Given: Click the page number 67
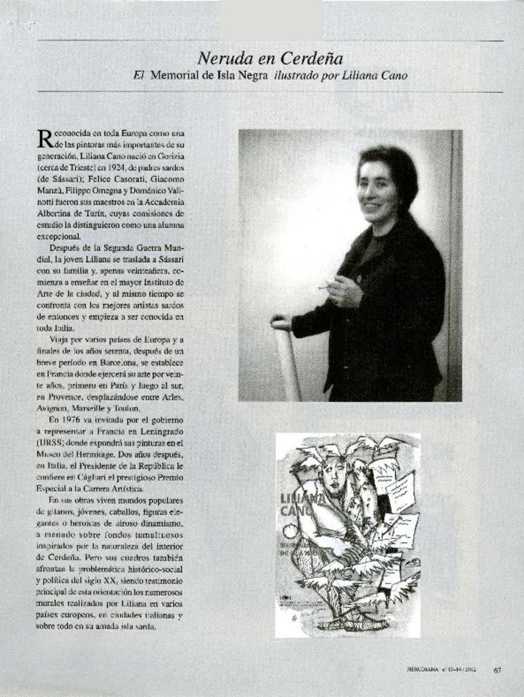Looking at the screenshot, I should (497, 669).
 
